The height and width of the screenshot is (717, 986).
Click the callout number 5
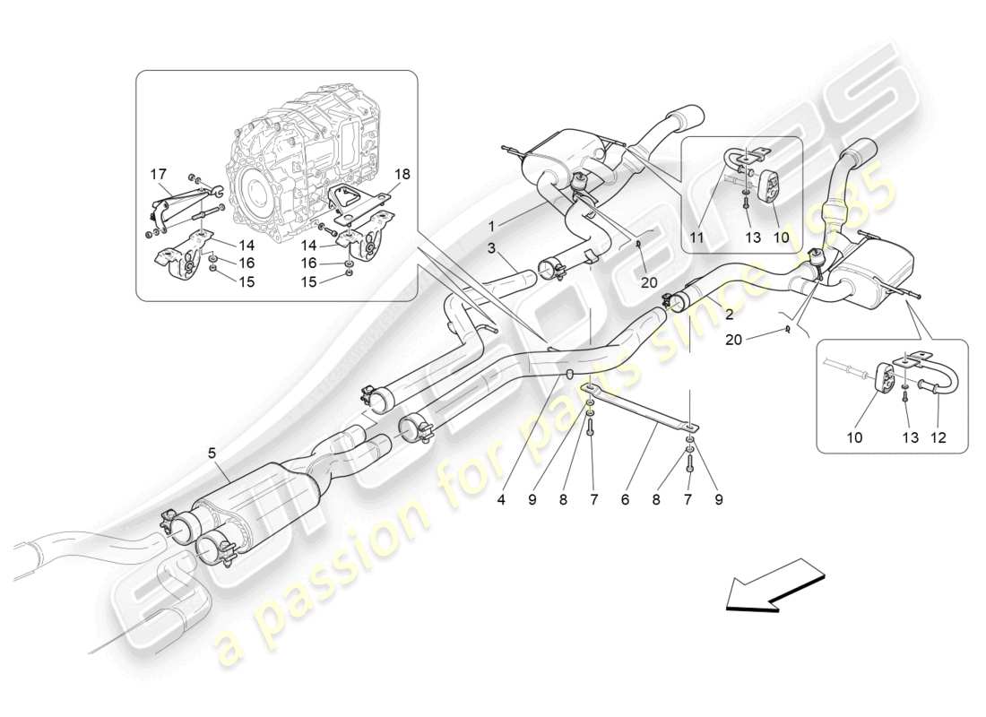212,454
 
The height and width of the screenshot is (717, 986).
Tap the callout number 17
158,175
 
